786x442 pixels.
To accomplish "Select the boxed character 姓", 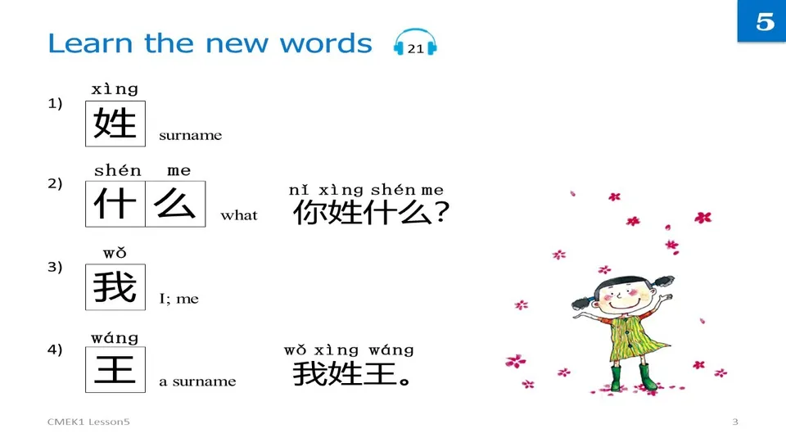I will pyautogui.click(x=115, y=124).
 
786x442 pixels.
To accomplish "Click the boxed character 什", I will pyautogui.click(x=115, y=204).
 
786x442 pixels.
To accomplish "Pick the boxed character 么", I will pyautogui.click(x=175, y=204).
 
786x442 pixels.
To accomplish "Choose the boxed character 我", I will pyautogui.click(x=115, y=287).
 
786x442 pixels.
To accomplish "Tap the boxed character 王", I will pyautogui.click(x=115, y=370).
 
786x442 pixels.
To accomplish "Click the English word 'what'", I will pyautogui.click(x=239, y=216).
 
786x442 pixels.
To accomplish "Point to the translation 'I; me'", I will pyautogui.click(x=178, y=299).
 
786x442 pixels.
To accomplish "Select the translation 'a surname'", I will pyautogui.click(x=197, y=381).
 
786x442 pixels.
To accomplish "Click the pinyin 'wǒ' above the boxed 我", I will pyautogui.click(x=115, y=254).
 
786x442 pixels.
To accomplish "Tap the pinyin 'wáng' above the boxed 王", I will pyautogui.click(x=115, y=337).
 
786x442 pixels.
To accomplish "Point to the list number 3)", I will pyautogui.click(x=55, y=267).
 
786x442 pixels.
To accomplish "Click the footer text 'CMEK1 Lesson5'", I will pyautogui.click(x=88, y=422).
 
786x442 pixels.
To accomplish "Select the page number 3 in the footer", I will pyautogui.click(x=734, y=422).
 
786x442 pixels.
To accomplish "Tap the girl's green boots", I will pyautogui.click(x=631, y=377).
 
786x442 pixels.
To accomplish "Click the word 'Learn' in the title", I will pyautogui.click(x=90, y=43).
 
